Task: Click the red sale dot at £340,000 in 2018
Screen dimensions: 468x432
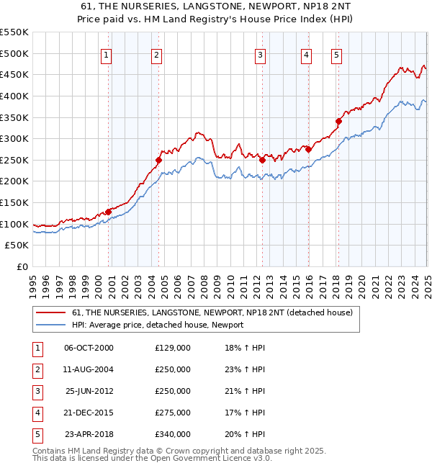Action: tap(338, 121)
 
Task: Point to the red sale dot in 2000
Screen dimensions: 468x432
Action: tap(108, 212)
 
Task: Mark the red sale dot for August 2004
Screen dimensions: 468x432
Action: tap(158, 160)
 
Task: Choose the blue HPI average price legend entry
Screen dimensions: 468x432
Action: tap(158, 325)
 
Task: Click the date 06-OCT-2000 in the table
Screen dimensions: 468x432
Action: tap(89, 348)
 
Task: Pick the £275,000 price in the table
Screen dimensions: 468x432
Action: tap(173, 413)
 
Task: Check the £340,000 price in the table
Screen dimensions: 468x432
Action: tap(173, 434)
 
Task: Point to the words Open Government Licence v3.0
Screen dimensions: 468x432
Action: tap(213, 457)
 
